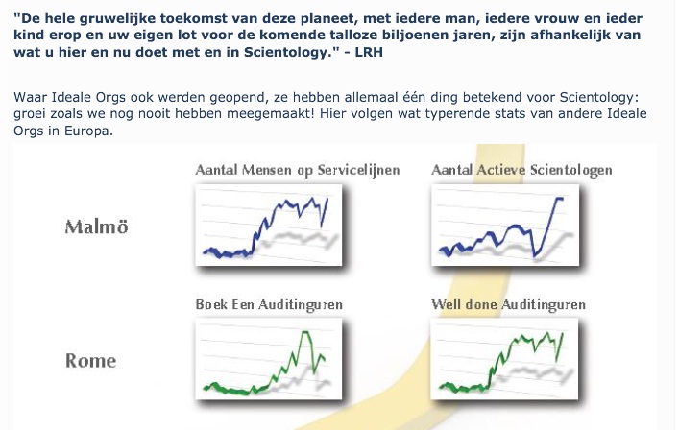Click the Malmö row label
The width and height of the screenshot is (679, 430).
click(97, 227)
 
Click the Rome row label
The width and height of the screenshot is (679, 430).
click(91, 360)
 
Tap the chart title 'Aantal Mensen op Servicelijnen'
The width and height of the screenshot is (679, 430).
click(298, 170)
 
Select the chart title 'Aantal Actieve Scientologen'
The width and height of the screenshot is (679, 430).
click(521, 170)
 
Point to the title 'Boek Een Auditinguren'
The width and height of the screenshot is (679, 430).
click(269, 304)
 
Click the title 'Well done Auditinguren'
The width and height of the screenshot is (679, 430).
click(508, 304)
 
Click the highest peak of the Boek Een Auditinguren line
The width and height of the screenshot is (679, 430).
click(304, 332)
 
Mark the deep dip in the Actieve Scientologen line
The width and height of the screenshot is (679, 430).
click(535, 255)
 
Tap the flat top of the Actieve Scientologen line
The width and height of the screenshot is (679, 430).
click(559, 198)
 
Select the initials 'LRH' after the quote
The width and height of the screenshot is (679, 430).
click(369, 53)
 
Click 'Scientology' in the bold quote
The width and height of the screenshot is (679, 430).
click(286, 53)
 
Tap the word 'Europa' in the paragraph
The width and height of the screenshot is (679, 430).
click(88, 131)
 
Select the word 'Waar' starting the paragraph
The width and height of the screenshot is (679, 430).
click(30, 97)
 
